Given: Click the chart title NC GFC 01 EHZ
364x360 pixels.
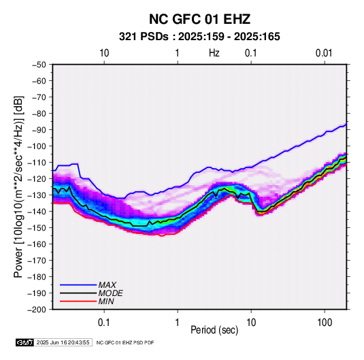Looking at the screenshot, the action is (199, 19).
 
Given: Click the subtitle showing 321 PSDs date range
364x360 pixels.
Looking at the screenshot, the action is (199, 37).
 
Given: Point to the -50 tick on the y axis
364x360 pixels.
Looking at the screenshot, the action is (39, 65).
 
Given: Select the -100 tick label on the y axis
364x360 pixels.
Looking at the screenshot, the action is (37, 146).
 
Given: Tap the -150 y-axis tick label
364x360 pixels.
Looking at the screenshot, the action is (37, 227).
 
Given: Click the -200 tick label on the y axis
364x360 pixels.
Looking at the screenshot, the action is (37, 310).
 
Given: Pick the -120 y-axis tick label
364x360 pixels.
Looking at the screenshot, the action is (37, 178).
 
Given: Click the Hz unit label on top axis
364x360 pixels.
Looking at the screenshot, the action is (214, 53).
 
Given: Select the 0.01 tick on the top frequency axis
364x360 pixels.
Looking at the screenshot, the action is (324, 53).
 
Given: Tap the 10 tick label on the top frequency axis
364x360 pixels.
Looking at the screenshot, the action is (104, 53).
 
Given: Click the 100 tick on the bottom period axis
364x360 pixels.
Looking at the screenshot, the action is (325, 323).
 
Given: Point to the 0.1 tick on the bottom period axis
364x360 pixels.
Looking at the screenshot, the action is (104, 323).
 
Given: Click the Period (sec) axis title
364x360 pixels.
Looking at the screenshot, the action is (214, 330).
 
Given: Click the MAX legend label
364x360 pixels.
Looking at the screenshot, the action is (107, 285).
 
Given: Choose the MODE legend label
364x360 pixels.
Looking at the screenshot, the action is (110, 293).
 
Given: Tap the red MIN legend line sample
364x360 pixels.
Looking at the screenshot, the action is (78, 301).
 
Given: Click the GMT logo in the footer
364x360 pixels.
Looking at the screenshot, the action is (25, 342).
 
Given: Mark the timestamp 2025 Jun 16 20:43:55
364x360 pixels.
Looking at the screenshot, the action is (63, 342).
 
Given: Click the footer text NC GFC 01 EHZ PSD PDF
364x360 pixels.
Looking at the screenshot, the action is (125, 342).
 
